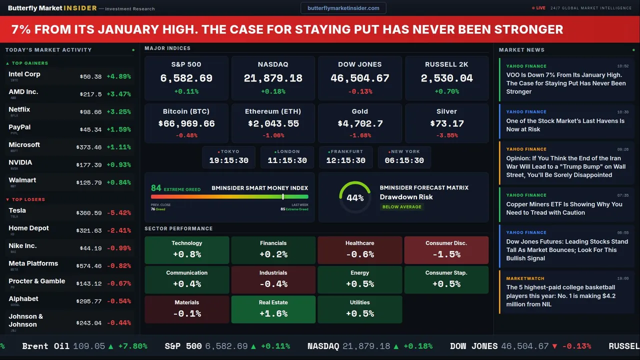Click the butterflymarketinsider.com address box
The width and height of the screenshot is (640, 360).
tap(343, 8)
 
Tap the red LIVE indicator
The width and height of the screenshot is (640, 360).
tap(538, 8)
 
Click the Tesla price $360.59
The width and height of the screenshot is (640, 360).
tap(90, 213)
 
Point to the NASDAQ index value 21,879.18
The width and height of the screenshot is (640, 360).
tap(273, 78)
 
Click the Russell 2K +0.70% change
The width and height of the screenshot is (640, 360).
tap(446, 91)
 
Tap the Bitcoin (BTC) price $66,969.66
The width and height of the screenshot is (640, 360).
tap(186, 123)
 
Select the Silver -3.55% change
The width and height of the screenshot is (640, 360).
tap(446, 135)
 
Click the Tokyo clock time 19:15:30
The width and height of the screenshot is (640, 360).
tap(228, 160)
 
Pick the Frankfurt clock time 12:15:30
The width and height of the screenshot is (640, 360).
tap(345, 160)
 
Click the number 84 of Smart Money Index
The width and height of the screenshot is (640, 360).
tap(156, 188)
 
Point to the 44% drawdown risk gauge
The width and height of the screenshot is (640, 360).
tap(355, 197)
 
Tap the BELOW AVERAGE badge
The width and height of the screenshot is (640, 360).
tap(401, 206)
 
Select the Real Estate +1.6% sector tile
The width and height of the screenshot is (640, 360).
tap(273, 309)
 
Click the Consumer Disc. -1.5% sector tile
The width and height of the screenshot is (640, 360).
tap(446, 250)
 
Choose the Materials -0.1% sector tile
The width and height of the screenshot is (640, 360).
tap(187, 309)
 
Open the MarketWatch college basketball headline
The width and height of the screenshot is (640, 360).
tap(560, 295)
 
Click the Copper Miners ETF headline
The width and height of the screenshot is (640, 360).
tap(564, 208)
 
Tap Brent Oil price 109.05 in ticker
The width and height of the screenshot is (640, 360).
tap(89, 346)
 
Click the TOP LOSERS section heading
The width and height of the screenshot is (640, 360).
tap(28, 199)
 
